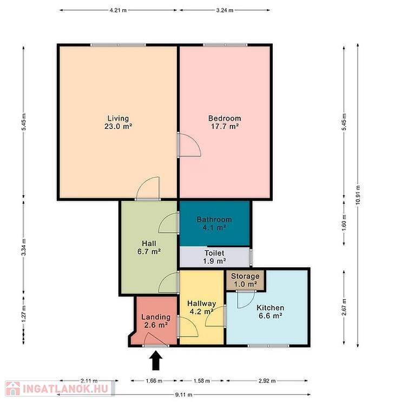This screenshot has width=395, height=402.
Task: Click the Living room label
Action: (x=118, y=118)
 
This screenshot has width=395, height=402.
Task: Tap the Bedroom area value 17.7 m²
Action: (x=225, y=127)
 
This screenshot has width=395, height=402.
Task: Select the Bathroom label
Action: (x=214, y=220)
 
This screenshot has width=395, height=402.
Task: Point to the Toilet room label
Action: (x=214, y=253)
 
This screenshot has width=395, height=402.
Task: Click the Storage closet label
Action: (x=245, y=276)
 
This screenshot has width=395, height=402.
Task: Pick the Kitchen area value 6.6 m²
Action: (x=271, y=315)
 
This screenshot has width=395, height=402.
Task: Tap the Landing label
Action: (x=156, y=317)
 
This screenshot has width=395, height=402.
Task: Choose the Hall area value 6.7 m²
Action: (x=149, y=252)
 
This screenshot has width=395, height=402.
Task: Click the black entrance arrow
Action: (x=156, y=360)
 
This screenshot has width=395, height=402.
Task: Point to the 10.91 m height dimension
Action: (x=358, y=195)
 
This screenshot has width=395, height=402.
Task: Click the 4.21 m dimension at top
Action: (x=118, y=10)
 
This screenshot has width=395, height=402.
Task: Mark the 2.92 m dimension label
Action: (x=267, y=381)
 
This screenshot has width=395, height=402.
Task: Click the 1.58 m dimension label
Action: (x=202, y=381)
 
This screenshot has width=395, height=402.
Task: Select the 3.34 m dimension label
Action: (x=24, y=247)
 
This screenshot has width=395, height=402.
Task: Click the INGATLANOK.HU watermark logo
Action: (x=60, y=388)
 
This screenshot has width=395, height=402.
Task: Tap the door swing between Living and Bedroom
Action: (x=189, y=144)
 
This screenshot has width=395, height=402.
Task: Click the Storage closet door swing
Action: (x=246, y=300)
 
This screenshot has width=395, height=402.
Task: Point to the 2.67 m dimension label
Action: (x=344, y=307)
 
